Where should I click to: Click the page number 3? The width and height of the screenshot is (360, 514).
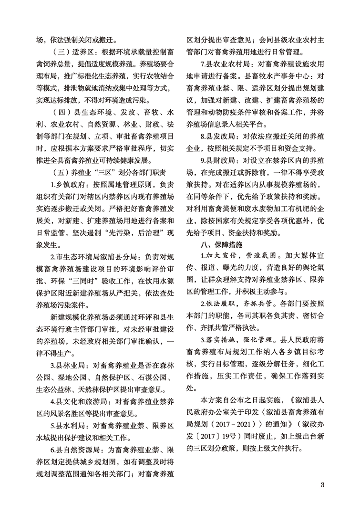pos(323,485)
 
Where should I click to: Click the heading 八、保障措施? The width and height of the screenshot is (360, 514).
pos(219,244)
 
